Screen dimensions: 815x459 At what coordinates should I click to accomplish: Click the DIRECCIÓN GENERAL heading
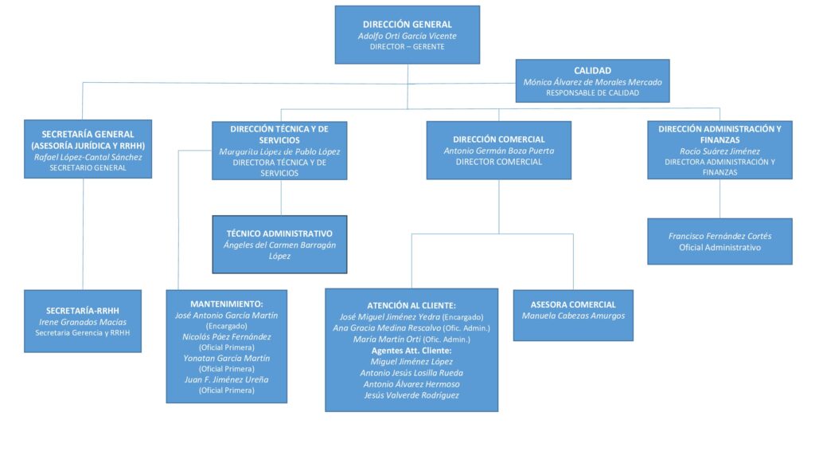(407, 25)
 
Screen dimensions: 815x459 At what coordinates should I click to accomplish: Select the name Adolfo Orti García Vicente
(407, 36)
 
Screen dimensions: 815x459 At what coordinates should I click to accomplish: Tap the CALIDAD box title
(592, 71)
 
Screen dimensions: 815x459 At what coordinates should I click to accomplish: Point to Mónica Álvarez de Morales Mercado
(592, 82)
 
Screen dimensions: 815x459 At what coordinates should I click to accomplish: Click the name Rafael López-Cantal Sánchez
(88, 157)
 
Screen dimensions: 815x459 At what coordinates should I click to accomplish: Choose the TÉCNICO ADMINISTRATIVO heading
(279, 233)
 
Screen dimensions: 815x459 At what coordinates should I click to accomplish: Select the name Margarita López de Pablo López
(279, 151)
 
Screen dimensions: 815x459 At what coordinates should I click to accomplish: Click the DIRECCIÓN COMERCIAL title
(498, 139)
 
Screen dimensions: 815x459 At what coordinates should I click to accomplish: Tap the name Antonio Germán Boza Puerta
(498, 151)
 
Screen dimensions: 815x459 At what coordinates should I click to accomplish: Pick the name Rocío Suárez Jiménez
(719, 151)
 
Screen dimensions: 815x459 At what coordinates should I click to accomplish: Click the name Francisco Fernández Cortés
(719, 236)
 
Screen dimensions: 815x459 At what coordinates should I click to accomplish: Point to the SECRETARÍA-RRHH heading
(83, 311)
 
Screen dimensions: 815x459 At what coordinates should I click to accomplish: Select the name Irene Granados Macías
(83, 322)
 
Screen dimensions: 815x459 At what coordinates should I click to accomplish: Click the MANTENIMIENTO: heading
(227, 304)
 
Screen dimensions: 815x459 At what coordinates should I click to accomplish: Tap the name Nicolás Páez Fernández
(227, 337)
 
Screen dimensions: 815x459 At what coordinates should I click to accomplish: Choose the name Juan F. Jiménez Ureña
(227, 379)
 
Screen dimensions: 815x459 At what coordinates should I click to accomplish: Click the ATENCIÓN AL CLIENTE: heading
(411, 305)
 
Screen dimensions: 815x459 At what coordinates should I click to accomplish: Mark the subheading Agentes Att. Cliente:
(411, 351)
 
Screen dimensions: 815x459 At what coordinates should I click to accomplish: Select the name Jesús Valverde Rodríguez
(411, 395)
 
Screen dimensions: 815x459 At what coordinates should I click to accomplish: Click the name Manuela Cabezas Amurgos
(573, 316)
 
